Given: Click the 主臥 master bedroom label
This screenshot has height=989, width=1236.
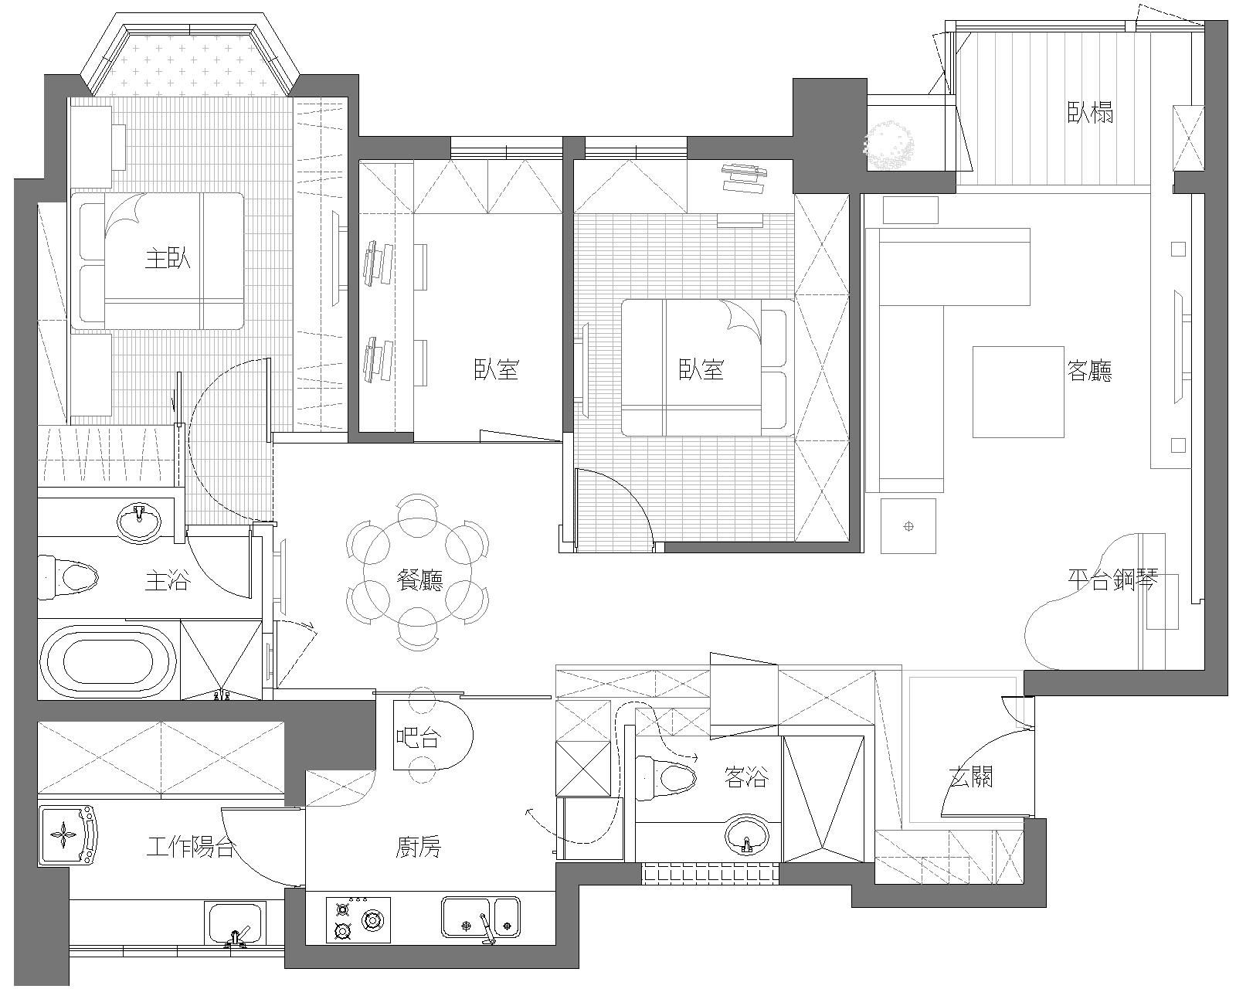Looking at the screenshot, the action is tap(167, 259).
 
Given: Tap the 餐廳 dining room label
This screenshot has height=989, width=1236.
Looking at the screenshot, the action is tap(419, 580).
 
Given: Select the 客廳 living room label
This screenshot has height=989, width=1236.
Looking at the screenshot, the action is tap(1089, 371).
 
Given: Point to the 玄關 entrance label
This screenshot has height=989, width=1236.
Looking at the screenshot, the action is tap(971, 777).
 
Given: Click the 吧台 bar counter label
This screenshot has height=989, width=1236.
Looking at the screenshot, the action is tap(419, 737).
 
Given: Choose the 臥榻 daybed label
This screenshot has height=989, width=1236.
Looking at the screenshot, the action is tap(1090, 113).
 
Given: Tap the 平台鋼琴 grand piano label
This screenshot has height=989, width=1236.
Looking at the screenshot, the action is tap(1113, 579).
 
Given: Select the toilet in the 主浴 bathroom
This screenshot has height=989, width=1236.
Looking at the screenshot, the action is tap(68, 577).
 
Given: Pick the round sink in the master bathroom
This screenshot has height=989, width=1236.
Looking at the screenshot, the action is tap(139, 522).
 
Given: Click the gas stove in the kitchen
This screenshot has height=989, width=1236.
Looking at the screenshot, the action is tap(358, 920).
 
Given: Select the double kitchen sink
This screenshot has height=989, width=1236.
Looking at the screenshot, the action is tap(480, 917).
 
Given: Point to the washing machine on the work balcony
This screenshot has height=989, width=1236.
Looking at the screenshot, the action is tap(68, 835).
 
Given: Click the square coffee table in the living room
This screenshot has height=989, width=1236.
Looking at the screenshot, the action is tap(1017, 392).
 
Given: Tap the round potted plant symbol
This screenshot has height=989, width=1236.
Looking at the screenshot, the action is tap(889, 144).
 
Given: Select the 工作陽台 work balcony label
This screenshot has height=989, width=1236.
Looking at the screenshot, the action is tap(191, 847).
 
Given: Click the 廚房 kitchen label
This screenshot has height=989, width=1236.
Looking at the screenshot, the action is tap(419, 847).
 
